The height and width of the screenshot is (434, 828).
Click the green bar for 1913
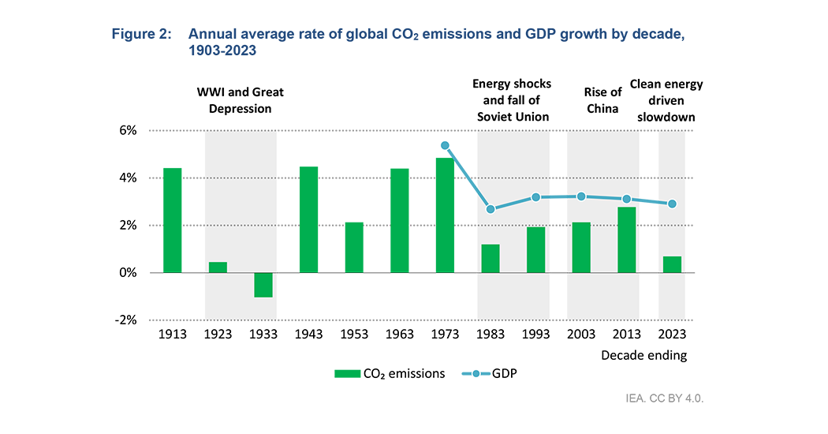172,220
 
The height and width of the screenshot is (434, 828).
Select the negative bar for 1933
263,285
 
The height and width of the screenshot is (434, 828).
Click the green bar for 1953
354,247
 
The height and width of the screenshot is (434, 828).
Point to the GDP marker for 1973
445,146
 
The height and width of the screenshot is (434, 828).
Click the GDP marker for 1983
490,209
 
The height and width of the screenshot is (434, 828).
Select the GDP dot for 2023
672,204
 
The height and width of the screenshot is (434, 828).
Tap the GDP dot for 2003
581,196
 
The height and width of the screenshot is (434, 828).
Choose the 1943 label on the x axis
308,335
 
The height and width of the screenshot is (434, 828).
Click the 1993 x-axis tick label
535,335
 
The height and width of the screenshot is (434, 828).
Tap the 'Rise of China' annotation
603,99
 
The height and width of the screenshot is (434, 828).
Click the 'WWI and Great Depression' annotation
240,100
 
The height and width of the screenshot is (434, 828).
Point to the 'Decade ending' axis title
643,355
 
